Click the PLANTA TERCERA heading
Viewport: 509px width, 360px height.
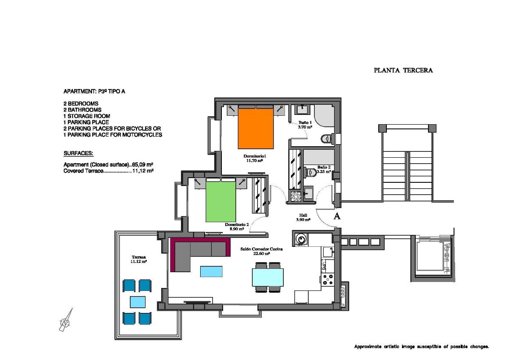[403, 71]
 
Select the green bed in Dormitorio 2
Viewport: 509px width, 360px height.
[221, 201]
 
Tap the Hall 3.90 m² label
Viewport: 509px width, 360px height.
[303, 218]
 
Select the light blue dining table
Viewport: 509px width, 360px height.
[268, 277]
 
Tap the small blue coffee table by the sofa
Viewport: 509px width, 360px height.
[211, 271]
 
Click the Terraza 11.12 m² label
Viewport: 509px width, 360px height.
[139, 259]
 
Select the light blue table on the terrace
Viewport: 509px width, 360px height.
[137, 302]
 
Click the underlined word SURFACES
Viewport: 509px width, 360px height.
[78, 153]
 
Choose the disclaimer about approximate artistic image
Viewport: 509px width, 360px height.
[421, 347]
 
